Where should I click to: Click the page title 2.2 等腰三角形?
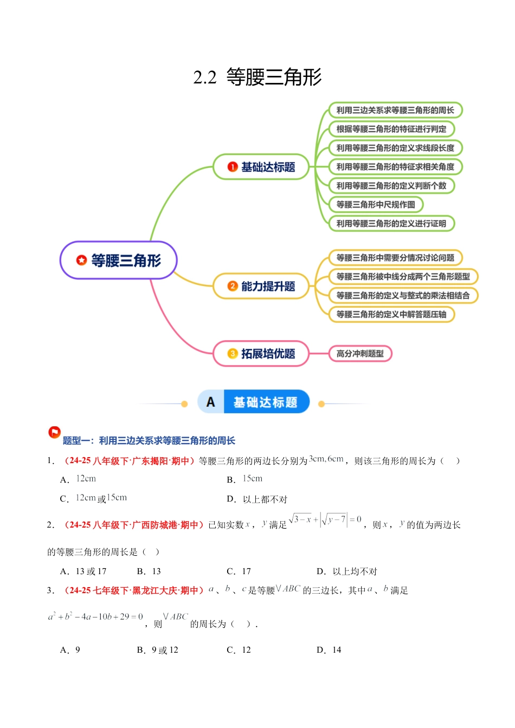(257, 77)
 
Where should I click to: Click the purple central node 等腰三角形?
(119, 261)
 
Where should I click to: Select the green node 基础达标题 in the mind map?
(261, 167)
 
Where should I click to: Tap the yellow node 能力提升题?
(261, 287)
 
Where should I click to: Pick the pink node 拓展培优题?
(261, 354)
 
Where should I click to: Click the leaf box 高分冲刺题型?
(360, 354)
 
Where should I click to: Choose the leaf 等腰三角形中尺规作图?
(376, 205)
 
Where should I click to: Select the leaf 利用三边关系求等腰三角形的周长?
(395, 110)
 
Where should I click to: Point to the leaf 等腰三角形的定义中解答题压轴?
(391, 314)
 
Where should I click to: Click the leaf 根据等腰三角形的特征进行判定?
(391, 129)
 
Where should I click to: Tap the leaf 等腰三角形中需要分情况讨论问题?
(395, 258)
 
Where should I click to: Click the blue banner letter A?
(211, 402)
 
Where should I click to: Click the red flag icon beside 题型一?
(54, 432)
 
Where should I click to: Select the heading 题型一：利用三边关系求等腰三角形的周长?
(149, 441)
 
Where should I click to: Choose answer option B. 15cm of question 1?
(245, 479)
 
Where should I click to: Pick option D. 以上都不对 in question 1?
(257, 499)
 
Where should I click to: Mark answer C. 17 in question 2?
(239, 571)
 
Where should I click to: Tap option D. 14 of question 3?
(329, 650)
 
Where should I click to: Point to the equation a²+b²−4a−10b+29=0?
(95, 617)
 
